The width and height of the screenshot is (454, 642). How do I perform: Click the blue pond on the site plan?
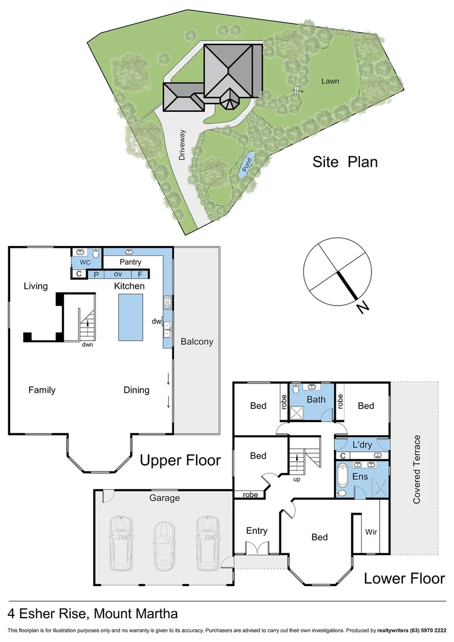(x=247, y=165)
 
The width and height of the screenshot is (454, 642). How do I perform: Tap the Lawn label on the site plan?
(x=330, y=81)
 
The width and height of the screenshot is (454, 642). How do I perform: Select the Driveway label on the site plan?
(x=182, y=145)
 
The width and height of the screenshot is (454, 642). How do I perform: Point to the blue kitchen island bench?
(x=130, y=317)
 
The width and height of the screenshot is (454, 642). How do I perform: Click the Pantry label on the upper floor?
(x=130, y=262)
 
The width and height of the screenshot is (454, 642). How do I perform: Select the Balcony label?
(x=197, y=341)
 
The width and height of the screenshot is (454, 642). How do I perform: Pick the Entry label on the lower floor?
(x=257, y=531)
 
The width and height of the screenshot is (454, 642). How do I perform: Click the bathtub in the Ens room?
(x=342, y=477)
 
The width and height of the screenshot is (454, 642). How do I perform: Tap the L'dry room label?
(x=362, y=445)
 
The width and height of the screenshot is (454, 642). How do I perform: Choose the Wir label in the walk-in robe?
(x=371, y=531)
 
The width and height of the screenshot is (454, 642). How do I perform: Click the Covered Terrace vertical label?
(x=417, y=470)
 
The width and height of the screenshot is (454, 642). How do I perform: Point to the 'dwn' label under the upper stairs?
(x=87, y=344)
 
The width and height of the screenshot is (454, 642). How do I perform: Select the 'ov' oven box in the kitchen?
(x=118, y=274)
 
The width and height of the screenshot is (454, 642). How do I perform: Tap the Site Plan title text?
(x=345, y=162)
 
